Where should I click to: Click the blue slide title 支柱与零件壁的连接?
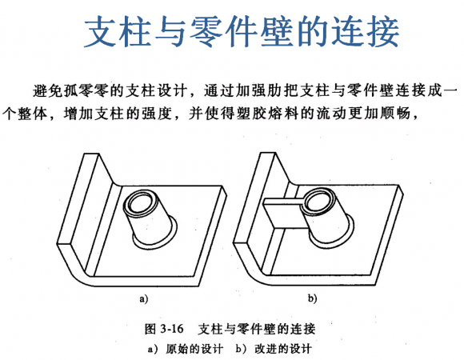click(242, 31)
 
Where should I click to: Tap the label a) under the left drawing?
click(143, 298)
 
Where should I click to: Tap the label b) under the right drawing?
click(312, 298)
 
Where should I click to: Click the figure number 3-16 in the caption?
click(172, 329)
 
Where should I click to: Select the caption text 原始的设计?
click(194, 349)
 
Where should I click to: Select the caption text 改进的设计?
click(283, 349)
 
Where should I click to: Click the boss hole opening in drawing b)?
click(319, 202)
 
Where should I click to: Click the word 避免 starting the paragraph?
click(48, 90)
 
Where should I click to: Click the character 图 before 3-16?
click(150, 329)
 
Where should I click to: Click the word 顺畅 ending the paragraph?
click(394, 114)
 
